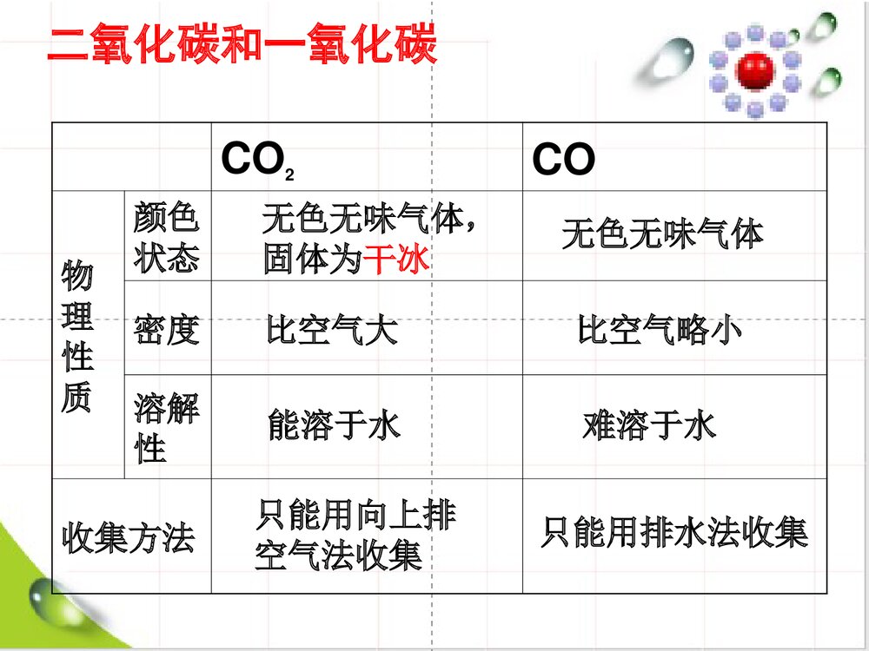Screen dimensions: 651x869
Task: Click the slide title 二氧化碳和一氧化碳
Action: point(242,46)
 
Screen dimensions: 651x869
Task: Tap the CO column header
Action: point(563,161)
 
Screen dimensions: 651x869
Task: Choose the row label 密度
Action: point(166,330)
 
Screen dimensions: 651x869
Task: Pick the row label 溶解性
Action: point(166,427)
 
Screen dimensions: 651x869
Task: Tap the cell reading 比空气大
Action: point(332,331)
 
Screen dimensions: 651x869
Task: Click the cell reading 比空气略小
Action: point(660,331)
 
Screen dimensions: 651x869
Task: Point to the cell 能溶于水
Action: point(334,426)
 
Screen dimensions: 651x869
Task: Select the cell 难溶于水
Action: point(649,426)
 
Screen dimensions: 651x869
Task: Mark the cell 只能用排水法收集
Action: point(674,532)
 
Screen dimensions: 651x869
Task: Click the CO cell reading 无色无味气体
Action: point(662,234)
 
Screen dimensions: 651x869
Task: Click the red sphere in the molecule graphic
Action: point(753,71)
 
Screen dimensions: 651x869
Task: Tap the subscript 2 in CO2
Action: point(289,175)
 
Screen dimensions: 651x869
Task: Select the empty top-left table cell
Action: point(131,157)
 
